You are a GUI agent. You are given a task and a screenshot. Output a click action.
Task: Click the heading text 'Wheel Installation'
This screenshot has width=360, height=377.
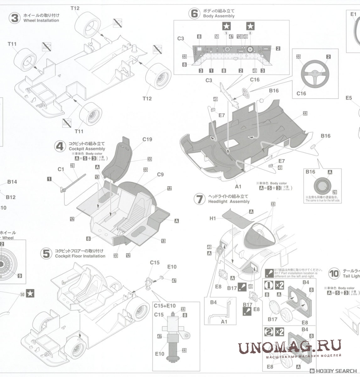click(x=41, y=21)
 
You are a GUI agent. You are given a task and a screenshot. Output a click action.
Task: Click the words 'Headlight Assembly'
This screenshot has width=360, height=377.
click(x=229, y=202)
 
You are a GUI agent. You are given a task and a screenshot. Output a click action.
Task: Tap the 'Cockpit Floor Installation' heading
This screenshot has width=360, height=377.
click(x=79, y=256)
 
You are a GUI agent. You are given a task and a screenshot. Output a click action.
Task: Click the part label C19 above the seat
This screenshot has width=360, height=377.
click(x=147, y=139)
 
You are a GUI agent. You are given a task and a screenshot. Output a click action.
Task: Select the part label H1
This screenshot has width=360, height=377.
click(x=213, y=218)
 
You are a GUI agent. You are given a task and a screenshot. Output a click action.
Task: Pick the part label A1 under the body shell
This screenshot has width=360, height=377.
click(x=238, y=187)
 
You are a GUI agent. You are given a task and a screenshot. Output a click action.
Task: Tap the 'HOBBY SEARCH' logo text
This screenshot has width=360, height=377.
click(x=336, y=371)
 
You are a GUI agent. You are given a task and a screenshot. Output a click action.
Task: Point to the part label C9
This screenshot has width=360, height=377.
click(x=160, y=174)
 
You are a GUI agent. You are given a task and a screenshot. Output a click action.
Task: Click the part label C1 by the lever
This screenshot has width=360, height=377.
click(x=61, y=169)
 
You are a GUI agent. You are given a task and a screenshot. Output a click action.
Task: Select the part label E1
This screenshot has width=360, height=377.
click(x=353, y=14)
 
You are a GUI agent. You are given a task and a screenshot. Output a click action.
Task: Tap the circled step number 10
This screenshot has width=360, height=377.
click(x=334, y=274)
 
